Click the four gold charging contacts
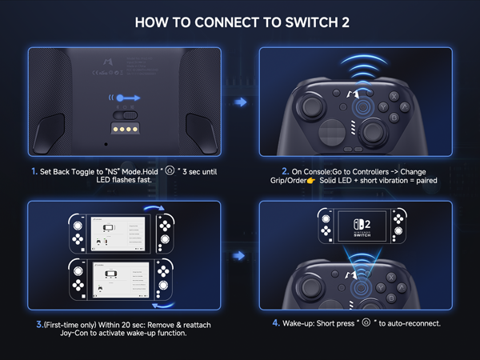pos(124,127)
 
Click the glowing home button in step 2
pos(363,106)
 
